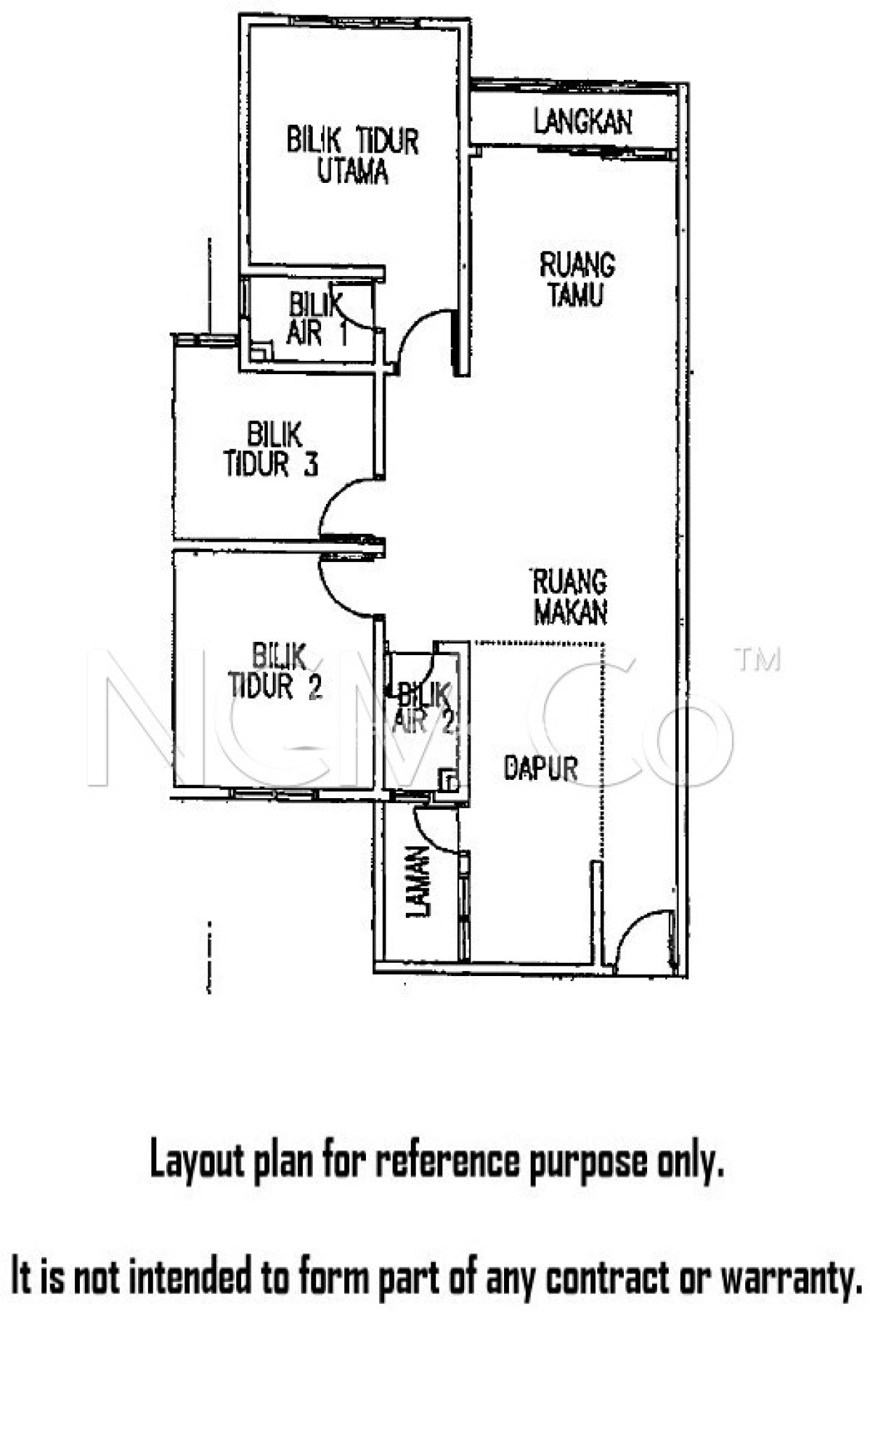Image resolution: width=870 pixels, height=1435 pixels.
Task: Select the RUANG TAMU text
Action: pyautogui.click(x=577, y=279)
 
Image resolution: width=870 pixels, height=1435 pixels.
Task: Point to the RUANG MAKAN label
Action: pyautogui.click(x=569, y=596)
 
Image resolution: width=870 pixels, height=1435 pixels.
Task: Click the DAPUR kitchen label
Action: pyautogui.click(x=541, y=769)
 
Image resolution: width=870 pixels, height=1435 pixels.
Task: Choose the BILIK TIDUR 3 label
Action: pyautogui.click(x=272, y=449)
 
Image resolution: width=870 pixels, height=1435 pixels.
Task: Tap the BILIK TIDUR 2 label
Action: pyautogui.click(x=276, y=672)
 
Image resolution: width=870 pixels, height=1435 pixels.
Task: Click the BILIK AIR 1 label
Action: pyautogui.click(x=315, y=320)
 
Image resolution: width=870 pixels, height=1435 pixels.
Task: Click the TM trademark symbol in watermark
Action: pyautogui.click(x=757, y=659)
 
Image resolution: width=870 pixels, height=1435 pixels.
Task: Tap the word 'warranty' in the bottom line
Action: pyautogui.click(x=791, y=1278)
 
